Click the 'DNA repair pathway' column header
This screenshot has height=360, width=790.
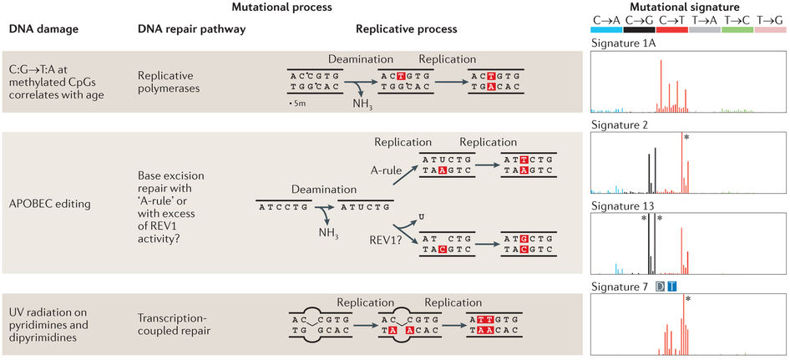click(x=192, y=28)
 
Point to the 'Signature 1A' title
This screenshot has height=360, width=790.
click(x=621, y=43)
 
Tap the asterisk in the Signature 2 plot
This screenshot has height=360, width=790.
click(x=687, y=139)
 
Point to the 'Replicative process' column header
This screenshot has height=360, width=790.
click(x=407, y=28)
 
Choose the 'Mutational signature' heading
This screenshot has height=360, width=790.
click(x=688, y=7)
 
